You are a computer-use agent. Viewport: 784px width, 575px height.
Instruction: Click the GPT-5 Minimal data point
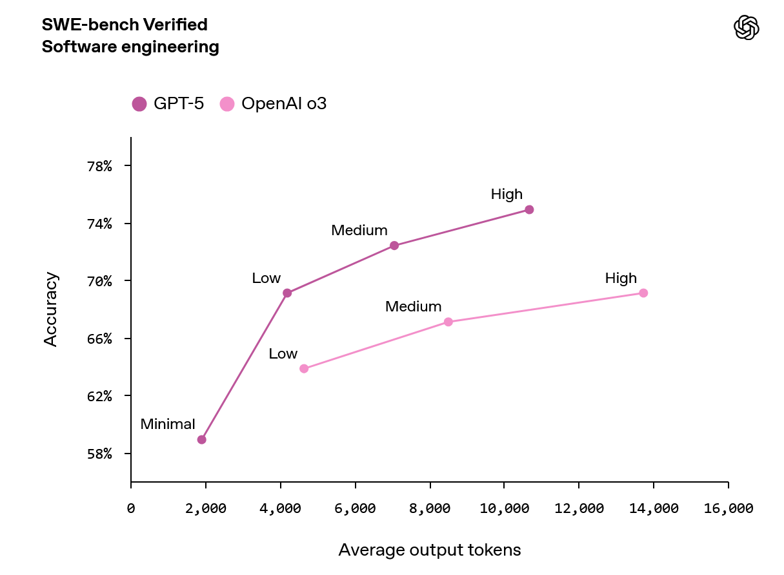tap(201, 439)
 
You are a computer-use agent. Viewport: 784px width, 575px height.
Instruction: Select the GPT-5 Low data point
tap(287, 293)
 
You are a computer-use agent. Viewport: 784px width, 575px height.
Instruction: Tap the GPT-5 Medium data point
tap(394, 246)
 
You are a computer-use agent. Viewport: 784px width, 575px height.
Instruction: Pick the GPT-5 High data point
tap(529, 209)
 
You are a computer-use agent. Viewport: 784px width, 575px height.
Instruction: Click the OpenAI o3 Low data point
tap(304, 369)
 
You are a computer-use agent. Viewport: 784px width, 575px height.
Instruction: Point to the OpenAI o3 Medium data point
tap(448, 322)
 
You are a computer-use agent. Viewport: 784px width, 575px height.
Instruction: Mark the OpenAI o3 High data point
tap(643, 293)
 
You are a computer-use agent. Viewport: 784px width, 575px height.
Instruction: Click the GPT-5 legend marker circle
tap(139, 103)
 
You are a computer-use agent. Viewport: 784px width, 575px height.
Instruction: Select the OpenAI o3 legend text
tap(284, 103)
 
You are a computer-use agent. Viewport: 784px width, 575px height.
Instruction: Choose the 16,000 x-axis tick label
tap(728, 508)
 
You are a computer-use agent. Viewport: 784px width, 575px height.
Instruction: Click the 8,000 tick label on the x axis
tap(429, 508)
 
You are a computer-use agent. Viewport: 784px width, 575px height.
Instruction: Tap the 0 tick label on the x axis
tap(131, 508)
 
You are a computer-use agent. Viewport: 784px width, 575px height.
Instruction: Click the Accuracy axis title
tap(51, 309)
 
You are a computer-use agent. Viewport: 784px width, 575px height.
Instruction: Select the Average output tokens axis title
tap(429, 550)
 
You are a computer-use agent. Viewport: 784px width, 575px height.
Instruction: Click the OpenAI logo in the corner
tap(747, 28)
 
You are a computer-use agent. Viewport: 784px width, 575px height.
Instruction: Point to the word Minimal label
tap(168, 424)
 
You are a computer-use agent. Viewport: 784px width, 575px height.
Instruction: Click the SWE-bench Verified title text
tap(125, 25)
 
